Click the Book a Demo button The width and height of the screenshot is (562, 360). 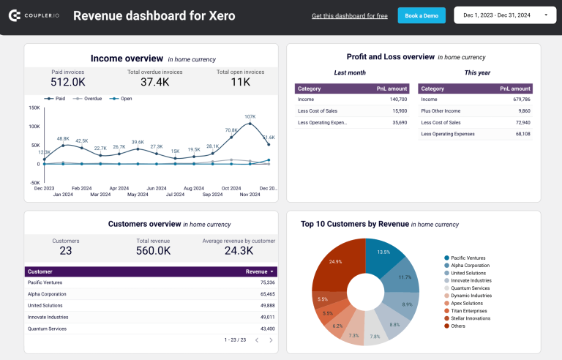(421, 15)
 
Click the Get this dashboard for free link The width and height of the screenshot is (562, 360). (350, 16)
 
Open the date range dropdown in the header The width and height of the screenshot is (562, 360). (505, 15)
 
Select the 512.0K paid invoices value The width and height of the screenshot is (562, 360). (67, 83)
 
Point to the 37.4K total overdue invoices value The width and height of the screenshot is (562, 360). (154, 83)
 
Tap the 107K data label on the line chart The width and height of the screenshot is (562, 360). (250, 116)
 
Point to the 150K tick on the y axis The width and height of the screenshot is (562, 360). (34, 108)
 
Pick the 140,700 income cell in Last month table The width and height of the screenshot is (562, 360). (397, 99)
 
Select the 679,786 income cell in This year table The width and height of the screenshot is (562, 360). (521, 99)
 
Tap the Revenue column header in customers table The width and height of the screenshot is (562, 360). (255, 271)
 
